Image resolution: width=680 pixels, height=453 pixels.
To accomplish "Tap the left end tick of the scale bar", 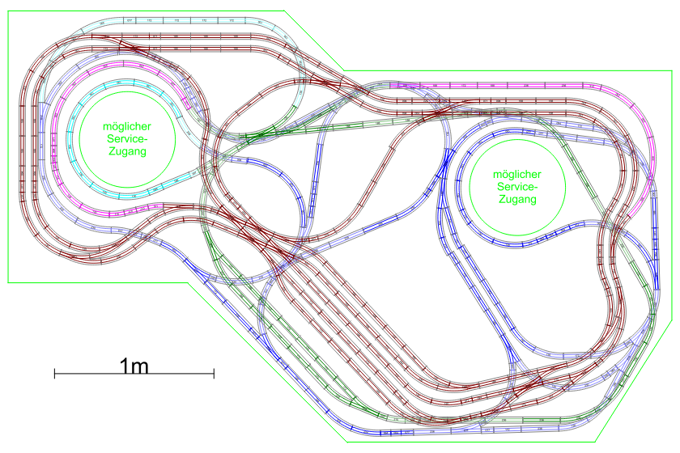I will tap(54, 373).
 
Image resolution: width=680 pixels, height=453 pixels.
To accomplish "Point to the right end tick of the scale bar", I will tap(214, 373).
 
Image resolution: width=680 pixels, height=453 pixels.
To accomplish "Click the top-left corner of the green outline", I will tap(8, 10).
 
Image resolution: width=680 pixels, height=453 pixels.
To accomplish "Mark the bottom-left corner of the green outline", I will tap(8, 282).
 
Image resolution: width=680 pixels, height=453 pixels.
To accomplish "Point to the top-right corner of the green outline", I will tap(672, 70).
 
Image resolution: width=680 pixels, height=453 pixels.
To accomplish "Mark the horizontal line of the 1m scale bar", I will tap(134, 373).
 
